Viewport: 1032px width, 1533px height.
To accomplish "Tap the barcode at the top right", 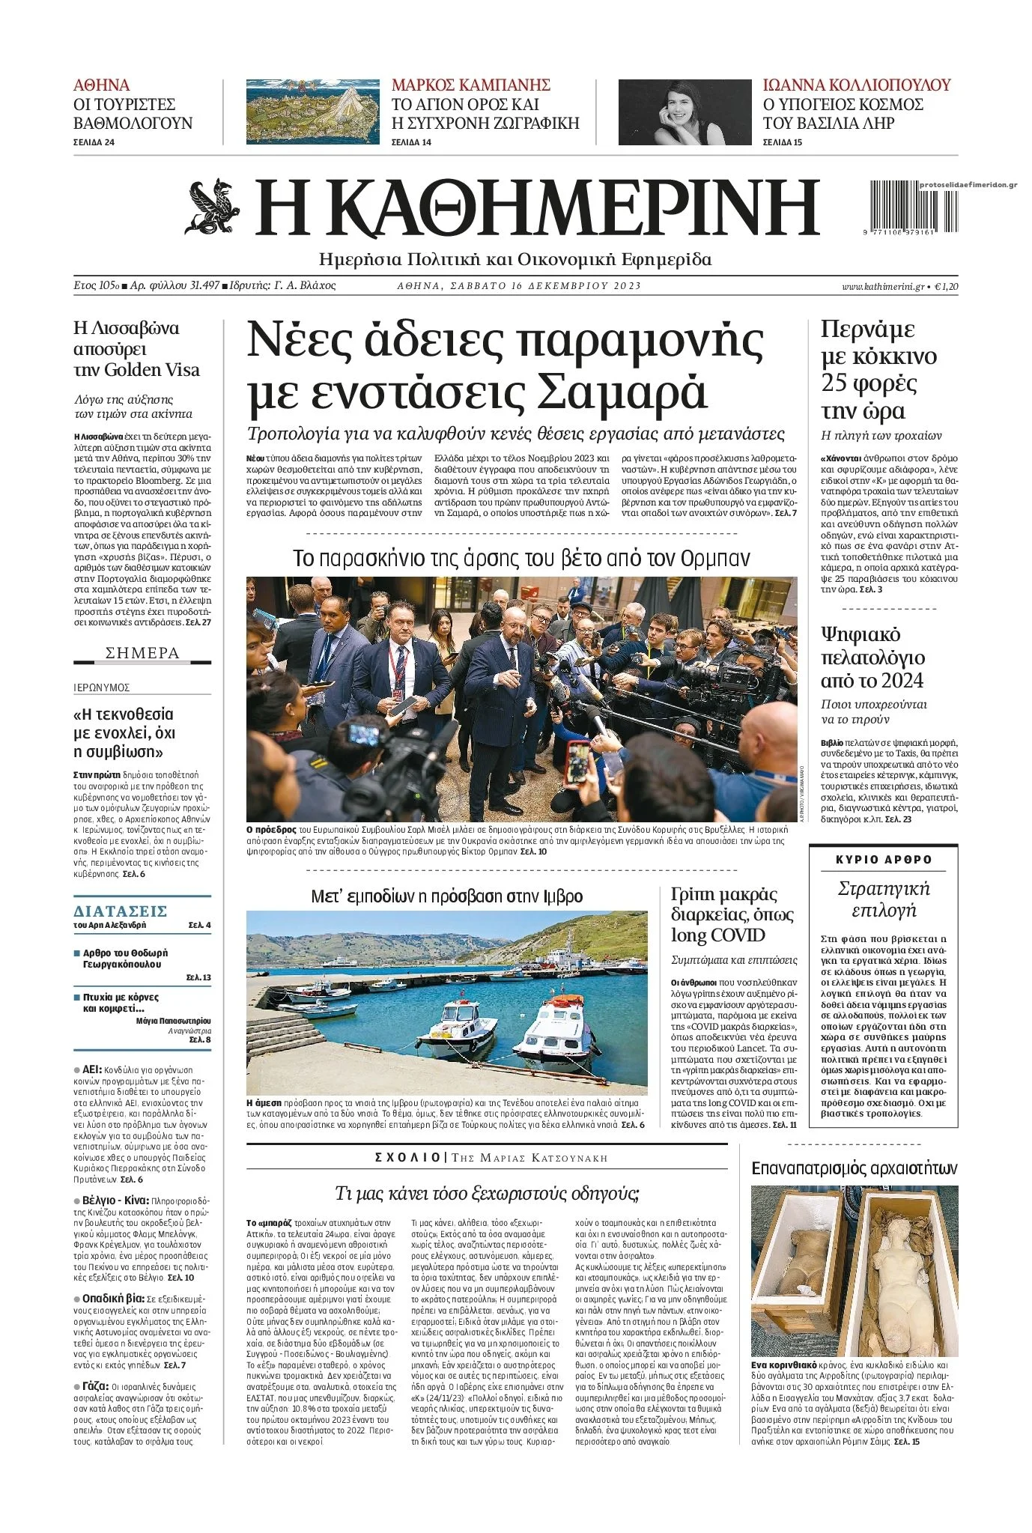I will pyautogui.click(x=902, y=208).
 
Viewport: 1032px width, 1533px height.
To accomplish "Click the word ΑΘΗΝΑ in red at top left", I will pyautogui.click(x=101, y=85).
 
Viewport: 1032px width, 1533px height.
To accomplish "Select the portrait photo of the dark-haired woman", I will pyautogui.click(x=685, y=112).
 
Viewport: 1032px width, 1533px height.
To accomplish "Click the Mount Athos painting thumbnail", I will pyautogui.click(x=313, y=112).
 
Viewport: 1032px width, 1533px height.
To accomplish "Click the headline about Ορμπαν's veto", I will pyautogui.click(x=521, y=559).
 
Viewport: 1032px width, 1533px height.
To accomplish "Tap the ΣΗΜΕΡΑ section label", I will pyautogui.click(x=142, y=653).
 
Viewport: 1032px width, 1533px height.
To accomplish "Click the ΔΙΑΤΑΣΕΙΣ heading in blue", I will pyautogui.click(x=120, y=911).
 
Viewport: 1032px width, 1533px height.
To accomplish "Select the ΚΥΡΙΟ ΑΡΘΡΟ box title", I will pyautogui.click(x=884, y=860).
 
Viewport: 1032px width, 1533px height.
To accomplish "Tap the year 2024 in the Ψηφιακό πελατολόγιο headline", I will pyautogui.click(x=898, y=681).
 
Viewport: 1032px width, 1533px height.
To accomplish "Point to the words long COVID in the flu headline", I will pyautogui.click(x=717, y=935).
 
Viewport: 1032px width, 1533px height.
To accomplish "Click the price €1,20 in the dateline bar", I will pyautogui.click(x=946, y=286).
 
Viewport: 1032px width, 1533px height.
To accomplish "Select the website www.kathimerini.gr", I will pyautogui.click(x=882, y=286).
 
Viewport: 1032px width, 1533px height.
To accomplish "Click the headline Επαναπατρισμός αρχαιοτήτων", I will pyautogui.click(x=854, y=1168).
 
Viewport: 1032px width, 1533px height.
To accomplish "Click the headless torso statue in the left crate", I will pyautogui.click(x=797, y=1255).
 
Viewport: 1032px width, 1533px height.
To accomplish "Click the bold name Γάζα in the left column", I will pyautogui.click(x=95, y=1385).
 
